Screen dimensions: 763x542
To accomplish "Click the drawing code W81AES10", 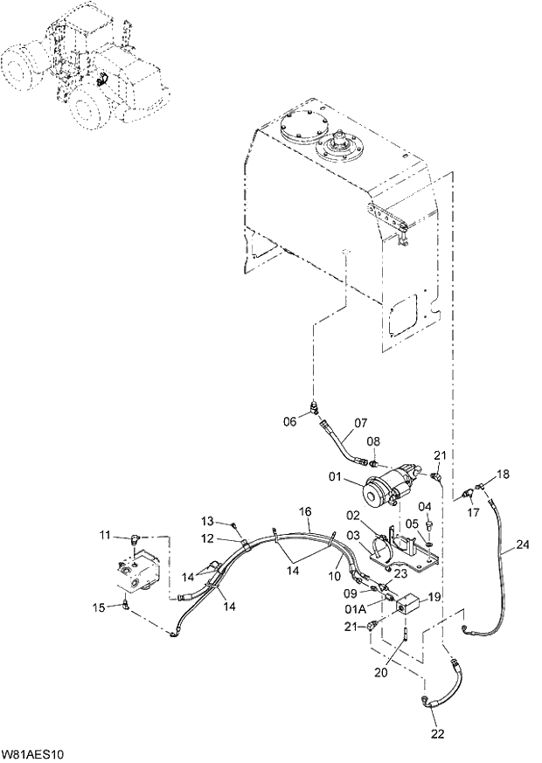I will [x=37, y=753].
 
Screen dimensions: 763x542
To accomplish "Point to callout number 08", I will [x=372, y=440].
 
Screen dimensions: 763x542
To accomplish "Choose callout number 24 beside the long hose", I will [x=522, y=545].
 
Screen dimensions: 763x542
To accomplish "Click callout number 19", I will [x=434, y=596].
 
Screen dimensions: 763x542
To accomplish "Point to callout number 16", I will [x=305, y=510].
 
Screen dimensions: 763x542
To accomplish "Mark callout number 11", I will [x=104, y=535].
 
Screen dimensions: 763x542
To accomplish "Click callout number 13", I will [x=210, y=522].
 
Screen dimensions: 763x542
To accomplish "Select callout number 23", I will [x=401, y=573].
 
